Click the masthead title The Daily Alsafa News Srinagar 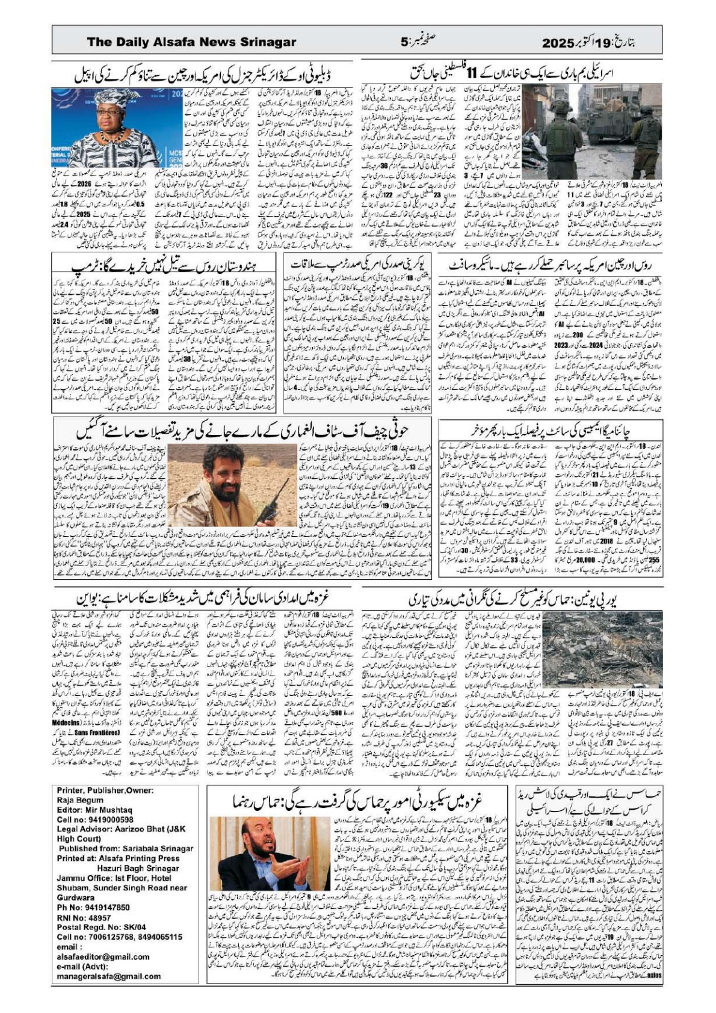click(x=191, y=42)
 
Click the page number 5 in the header click(x=404, y=42)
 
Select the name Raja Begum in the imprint click(x=80, y=800)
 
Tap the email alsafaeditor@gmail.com click(x=103, y=956)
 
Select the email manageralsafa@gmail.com click(x=109, y=976)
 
